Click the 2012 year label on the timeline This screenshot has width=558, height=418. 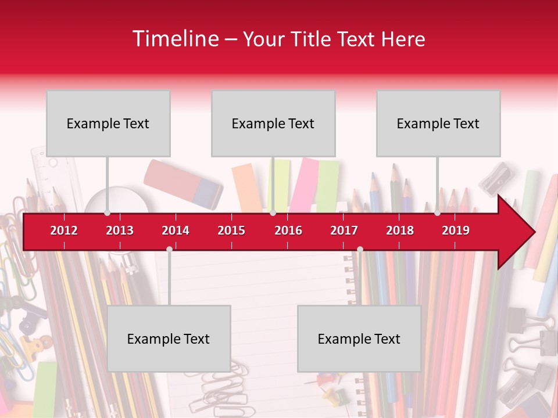click(x=64, y=230)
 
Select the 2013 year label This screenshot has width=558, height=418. click(x=120, y=230)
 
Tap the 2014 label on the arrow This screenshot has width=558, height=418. click(x=176, y=230)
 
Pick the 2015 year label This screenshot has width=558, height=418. click(x=231, y=230)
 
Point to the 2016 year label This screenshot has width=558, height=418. click(x=288, y=230)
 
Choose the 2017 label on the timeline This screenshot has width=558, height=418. click(x=344, y=230)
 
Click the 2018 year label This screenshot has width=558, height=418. click(x=400, y=230)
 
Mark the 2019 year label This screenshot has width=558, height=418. click(x=456, y=230)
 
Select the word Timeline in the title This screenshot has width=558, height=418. click(x=174, y=39)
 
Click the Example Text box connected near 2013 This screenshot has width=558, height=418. click(x=108, y=123)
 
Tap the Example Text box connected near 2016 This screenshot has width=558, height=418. click(x=273, y=123)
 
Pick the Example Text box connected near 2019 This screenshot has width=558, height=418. click(x=438, y=123)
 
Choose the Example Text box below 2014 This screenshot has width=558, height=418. click(x=169, y=338)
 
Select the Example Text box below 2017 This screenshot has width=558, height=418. click(x=359, y=338)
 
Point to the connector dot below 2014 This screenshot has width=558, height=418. click(x=169, y=249)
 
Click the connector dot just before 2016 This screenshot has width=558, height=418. click(x=273, y=213)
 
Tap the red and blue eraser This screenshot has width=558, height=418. click(x=183, y=183)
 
